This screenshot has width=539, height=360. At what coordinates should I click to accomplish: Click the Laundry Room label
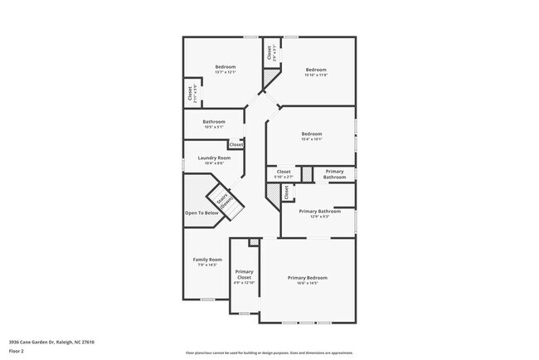tap(212, 158)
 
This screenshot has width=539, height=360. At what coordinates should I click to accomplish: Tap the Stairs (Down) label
tap(223, 202)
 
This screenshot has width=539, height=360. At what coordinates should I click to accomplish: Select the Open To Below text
tap(202, 212)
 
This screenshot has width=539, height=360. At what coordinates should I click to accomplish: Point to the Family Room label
tap(207, 260)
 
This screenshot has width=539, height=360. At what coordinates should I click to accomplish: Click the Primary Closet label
tap(244, 275)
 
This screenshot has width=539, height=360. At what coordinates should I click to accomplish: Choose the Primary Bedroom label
tap(307, 277)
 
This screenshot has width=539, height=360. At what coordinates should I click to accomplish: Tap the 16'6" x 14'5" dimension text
tap(307, 283)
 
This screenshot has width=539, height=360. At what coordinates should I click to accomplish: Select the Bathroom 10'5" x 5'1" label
tap(213, 122)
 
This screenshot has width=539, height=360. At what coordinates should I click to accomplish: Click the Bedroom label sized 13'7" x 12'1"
tap(226, 66)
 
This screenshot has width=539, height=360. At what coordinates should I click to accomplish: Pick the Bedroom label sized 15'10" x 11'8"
tap(316, 70)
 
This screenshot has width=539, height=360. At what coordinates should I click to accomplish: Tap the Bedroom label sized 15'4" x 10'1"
tap(311, 134)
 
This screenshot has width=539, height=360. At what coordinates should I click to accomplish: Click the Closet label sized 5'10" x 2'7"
tap(284, 172)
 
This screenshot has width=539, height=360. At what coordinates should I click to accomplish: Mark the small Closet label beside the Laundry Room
tap(236, 144)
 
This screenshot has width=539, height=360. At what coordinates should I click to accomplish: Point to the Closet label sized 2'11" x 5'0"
tap(190, 93)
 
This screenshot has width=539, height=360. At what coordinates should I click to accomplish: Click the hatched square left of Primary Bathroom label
tap(307, 174)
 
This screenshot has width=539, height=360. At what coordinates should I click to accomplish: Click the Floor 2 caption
tap(17, 351)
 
